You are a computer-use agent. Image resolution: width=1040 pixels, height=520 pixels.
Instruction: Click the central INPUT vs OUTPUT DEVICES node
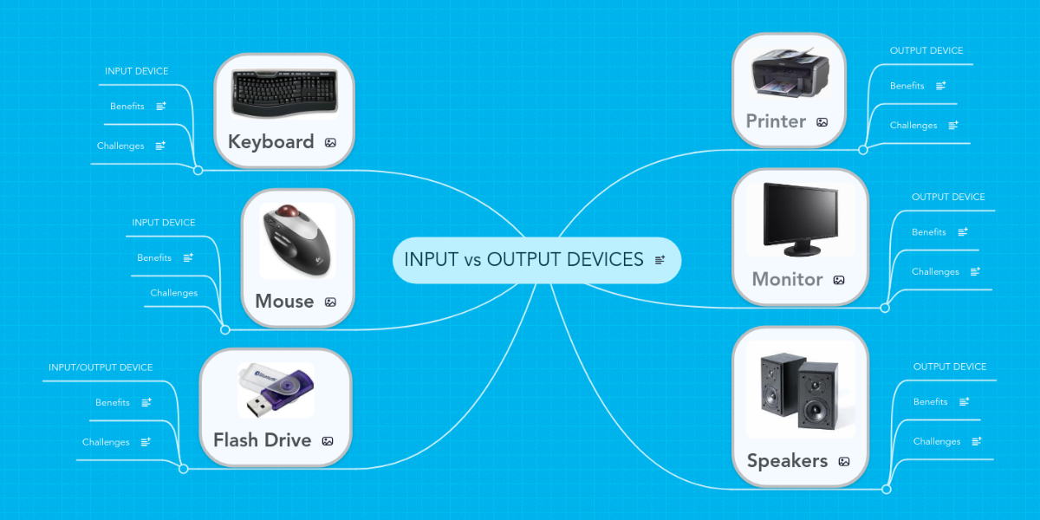pos(536,260)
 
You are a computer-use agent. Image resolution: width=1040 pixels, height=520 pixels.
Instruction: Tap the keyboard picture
pos(284,94)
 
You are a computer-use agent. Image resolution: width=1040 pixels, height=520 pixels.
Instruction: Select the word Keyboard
pos(271,142)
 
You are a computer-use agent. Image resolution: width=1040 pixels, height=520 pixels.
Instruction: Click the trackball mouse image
pos(297,241)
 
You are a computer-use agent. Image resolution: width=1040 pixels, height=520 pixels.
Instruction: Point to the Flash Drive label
pos(263,440)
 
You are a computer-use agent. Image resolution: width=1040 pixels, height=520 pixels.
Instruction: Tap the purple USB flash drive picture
pos(276,390)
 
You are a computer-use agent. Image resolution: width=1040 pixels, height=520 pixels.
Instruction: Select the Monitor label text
pos(788,279)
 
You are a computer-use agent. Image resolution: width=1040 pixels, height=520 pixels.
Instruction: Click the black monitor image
pos(801,219)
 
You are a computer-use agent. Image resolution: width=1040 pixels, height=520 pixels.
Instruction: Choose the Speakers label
pos(788,461)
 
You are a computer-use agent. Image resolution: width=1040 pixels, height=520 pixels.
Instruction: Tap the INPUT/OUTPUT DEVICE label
pos(101,367)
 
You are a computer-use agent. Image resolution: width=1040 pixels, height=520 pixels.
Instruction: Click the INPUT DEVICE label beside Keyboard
pos(137,71)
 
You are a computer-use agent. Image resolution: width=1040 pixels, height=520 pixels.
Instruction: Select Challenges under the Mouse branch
pos(174,293)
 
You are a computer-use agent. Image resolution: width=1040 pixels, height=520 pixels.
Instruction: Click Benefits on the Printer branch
pos(907,86)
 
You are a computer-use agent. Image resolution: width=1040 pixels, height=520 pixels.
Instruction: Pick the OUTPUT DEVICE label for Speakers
pos(950,367)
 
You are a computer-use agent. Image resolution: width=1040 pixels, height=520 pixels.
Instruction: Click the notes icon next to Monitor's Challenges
pos(975,271)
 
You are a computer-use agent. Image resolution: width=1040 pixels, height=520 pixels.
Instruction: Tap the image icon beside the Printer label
pos(822,122)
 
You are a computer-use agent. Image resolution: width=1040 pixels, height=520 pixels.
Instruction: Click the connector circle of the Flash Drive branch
pos(184,469)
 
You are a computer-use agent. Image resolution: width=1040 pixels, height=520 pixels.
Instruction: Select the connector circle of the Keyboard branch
pos(198,171)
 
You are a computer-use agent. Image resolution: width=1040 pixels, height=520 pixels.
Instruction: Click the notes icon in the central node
pos(660,260)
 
